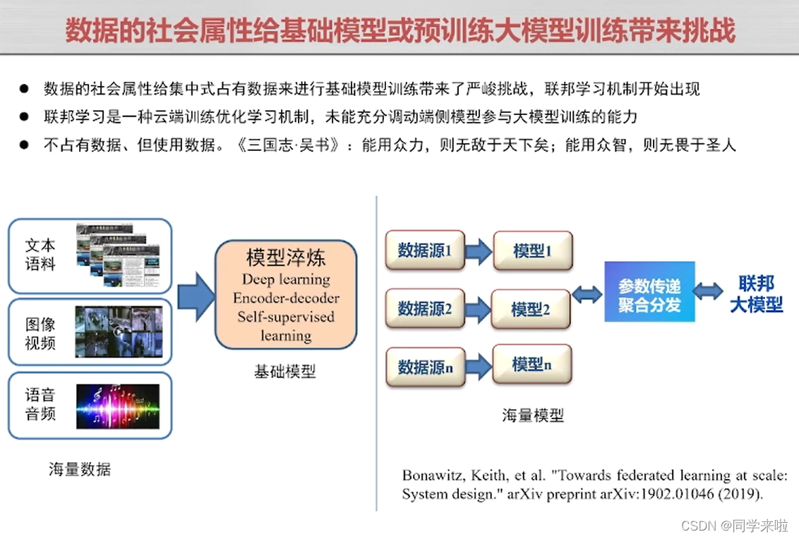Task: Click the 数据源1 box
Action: tap(425, 250)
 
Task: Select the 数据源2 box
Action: tap(425, 308)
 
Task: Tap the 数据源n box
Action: tap(425, 367)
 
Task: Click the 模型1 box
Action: tap(532, 250)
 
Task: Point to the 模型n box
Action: tap(531, 364)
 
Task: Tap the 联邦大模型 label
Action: tap(756, 293)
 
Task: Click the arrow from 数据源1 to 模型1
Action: tap(479, 251)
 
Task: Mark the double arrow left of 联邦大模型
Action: tap(708, 291)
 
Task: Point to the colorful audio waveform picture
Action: tap(118, 406)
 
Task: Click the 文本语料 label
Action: tap(40, 255)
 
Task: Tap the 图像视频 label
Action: tap(40, 334)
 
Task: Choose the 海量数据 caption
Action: tap(80, 469)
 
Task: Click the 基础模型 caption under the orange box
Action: tap(285, 372)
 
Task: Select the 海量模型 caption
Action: tap(533, 415)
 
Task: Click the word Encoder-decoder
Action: tap(286, 298)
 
